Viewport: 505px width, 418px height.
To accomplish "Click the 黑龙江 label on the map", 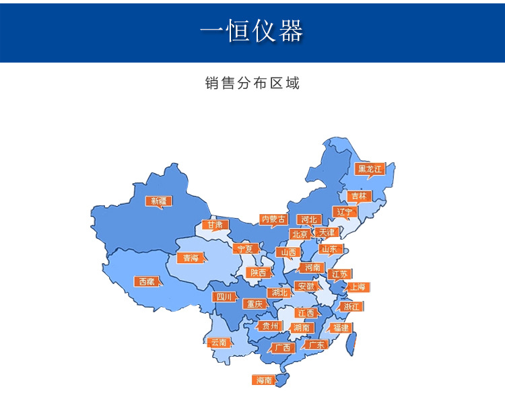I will [370, 169].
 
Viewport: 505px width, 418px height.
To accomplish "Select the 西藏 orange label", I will [147, 281].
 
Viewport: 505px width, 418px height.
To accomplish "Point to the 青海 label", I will [189, 258].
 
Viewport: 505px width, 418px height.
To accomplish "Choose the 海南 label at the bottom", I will [264, 380].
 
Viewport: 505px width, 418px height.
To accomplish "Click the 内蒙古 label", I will [274, 219].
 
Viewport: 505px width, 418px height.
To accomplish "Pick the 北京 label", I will [300, 234].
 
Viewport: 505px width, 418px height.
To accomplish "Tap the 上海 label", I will [358, 287].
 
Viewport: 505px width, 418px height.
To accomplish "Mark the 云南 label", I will [219, 342].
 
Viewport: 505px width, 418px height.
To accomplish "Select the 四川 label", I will [224, 297].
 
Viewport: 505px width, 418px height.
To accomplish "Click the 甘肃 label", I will [215, 225].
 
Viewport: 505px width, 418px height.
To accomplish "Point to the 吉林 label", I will [358, 196].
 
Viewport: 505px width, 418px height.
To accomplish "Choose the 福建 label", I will [341, 328].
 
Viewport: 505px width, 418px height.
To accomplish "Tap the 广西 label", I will [282, 348].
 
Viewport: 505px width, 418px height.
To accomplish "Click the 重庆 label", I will [255, 304].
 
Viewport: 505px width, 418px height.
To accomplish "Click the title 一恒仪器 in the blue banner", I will [252, 31].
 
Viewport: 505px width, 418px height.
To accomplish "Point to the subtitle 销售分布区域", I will [252, 83].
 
